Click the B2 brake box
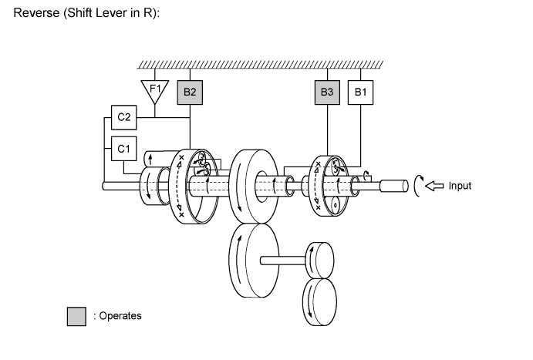(x=189, y=93)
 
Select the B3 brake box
(x=328, y=93)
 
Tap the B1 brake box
(x=360, y=93)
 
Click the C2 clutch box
(x=124, y=118)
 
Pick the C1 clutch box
(x=124, y=146)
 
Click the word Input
(x=460, y=186)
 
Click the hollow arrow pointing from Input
(x=435, y=186)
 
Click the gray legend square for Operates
(x=76, y=316)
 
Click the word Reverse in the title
(x=35, y=17)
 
